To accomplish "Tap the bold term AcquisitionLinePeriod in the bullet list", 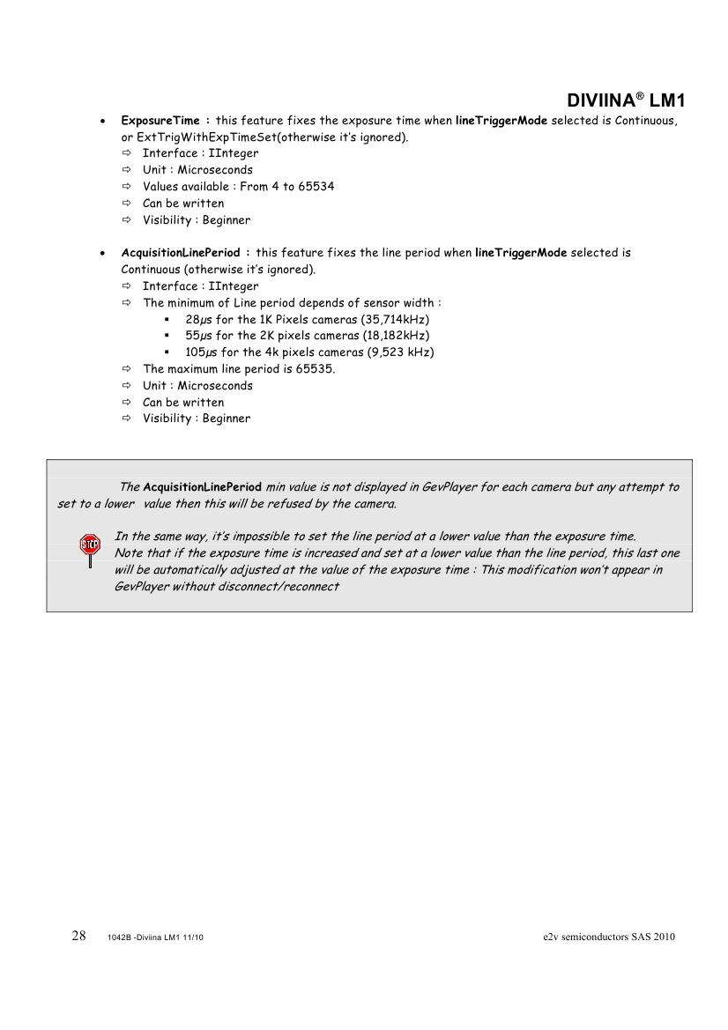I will click(180, 253).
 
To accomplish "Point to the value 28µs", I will click(199, 319).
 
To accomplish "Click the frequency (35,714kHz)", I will click(390, 319).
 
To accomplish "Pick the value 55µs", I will click(199, 336).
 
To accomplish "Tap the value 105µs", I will click(202, 352).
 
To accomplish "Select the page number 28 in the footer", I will click(78, 936).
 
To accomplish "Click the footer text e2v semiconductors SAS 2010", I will click(609, 937).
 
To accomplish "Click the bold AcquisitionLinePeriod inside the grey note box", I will click(202, 487).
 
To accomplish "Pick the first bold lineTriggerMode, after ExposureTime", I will click(501, 120).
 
